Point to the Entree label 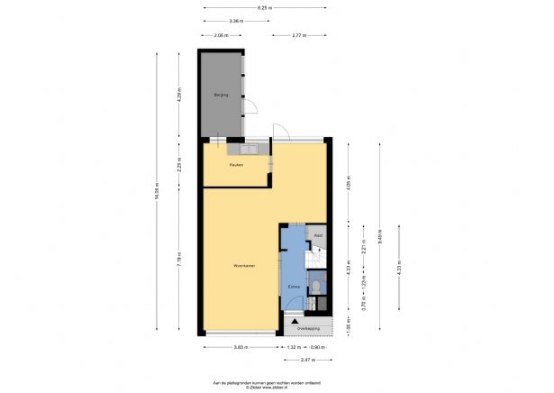[x=294, y=287]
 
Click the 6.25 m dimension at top [x=265, y=8]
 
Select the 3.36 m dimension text [x=235, y=21]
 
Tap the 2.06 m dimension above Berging [x=221, y=36]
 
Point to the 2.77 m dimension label [x=302, y=36]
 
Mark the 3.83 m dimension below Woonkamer [x=241, y=346]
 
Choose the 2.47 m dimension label [x=308, y=360]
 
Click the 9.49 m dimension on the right [x=380, y=237]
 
